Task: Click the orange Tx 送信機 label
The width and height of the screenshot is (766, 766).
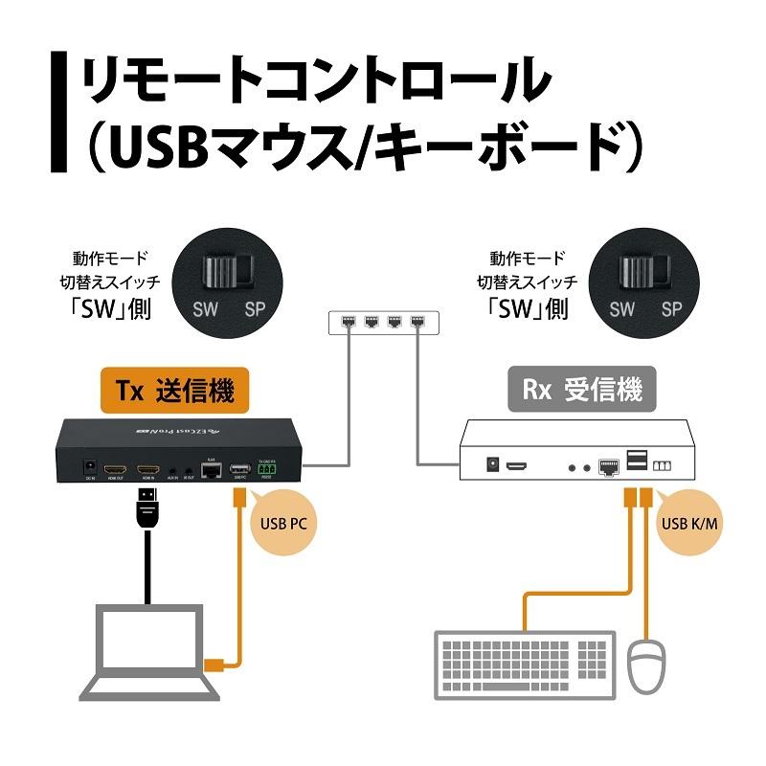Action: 174,391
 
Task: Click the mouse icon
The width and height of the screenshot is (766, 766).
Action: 649,669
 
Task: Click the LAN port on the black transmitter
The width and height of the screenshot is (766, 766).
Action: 210,469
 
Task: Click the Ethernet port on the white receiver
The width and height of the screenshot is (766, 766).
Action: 609,466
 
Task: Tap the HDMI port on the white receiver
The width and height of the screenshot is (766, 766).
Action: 518,466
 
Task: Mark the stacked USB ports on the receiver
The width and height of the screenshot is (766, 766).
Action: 637,462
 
